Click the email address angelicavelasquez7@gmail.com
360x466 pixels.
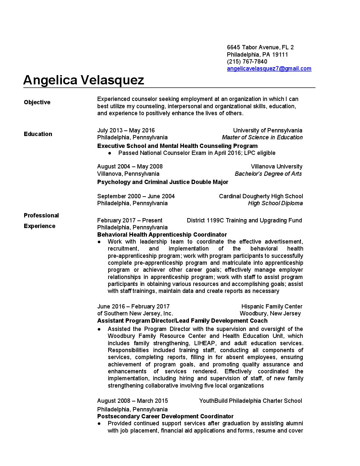269,69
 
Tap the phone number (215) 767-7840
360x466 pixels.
247,62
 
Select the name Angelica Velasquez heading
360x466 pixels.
84,80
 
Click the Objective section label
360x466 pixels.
37,102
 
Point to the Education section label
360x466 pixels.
38,134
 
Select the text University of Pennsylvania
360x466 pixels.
267,130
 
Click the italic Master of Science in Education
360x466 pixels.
262,137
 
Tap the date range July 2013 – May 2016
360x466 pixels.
126,130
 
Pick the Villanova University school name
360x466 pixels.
276,166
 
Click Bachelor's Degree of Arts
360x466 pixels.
268,174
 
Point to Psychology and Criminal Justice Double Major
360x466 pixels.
162,182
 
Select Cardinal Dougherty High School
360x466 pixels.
261,196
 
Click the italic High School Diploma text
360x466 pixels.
275,203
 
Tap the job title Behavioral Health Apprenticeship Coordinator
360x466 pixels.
162,235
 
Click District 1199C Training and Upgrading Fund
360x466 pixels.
244,220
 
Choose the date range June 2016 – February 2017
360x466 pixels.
133,306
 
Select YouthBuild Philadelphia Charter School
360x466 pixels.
250,401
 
